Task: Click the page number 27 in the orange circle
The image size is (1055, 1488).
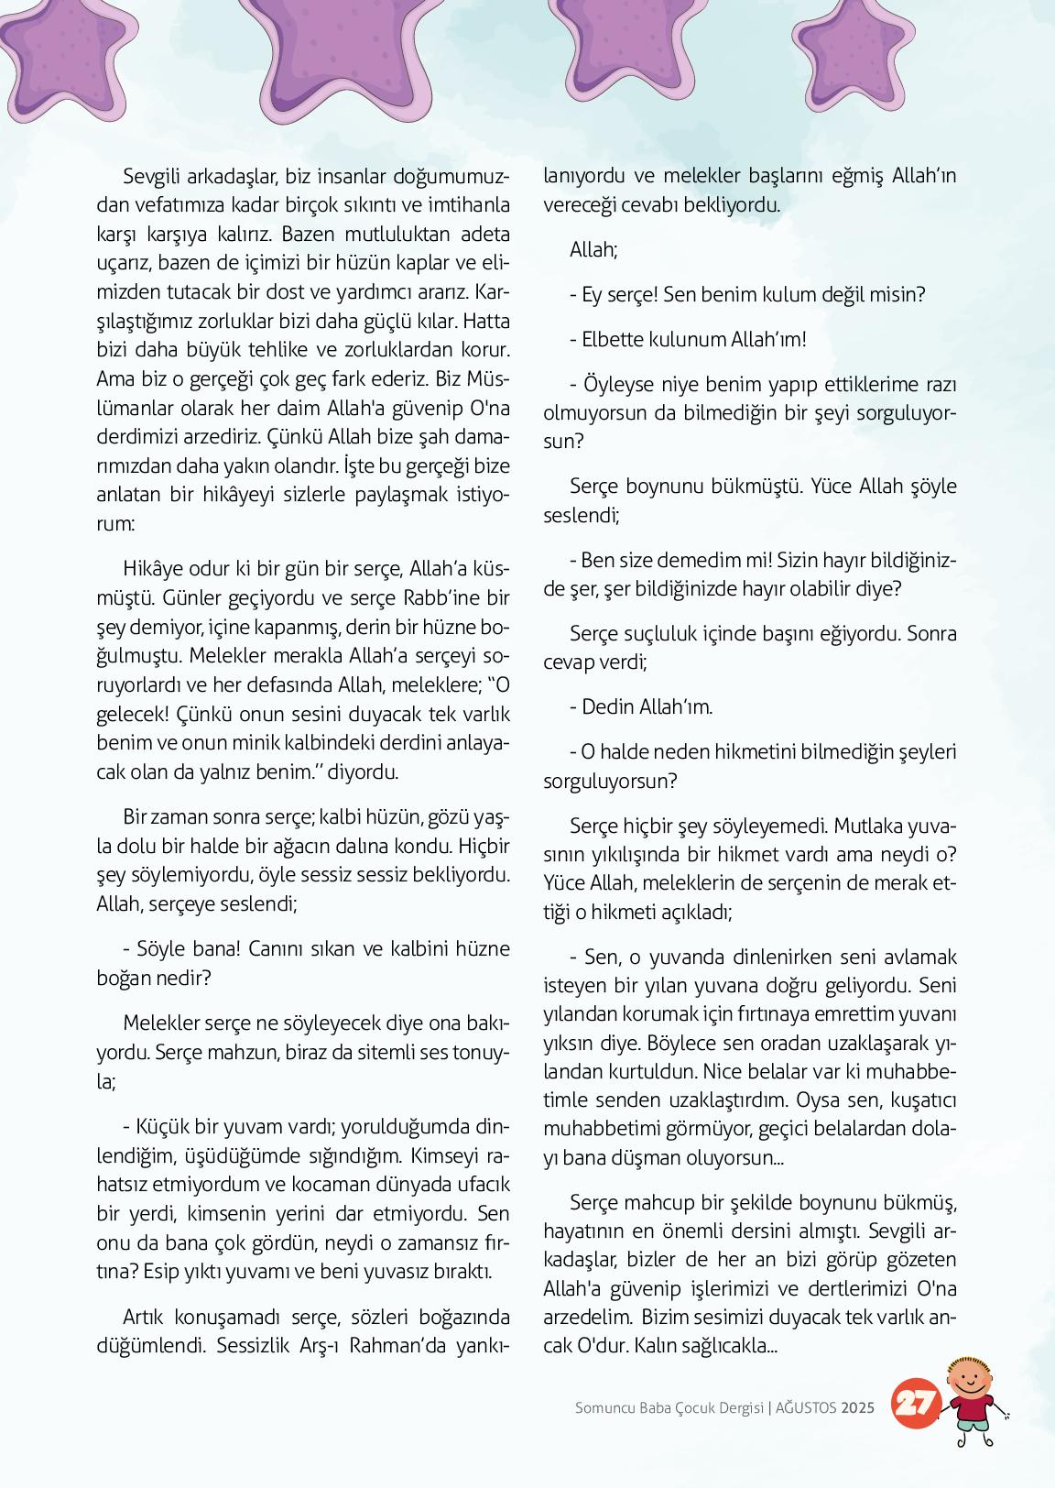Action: click(x=913, y=1404)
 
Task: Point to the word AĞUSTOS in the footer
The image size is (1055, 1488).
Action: click(x=807, y=1408)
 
